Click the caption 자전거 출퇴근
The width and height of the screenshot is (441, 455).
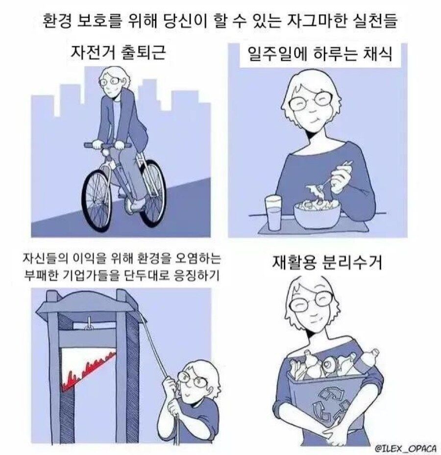click(118, 52)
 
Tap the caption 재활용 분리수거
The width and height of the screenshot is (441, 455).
click(327, 262)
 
